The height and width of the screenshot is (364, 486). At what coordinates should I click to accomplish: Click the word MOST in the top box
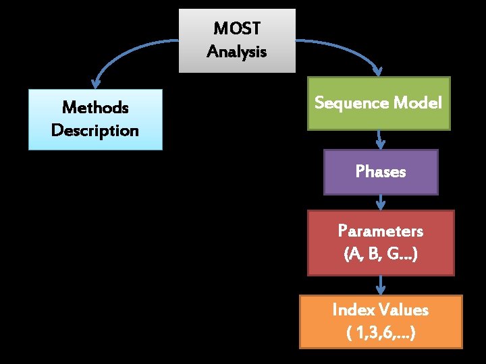point(237,28)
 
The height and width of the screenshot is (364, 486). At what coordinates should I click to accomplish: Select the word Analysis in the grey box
point(237,51)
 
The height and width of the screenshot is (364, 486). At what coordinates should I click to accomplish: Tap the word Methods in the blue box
point(95,107)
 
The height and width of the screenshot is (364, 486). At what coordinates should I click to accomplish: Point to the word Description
point(95,131)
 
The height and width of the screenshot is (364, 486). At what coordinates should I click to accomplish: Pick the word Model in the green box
point(418,102)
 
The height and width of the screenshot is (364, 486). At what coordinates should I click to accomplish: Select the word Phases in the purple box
point(381,171)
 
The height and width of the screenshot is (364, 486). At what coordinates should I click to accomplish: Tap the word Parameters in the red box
point(381,231)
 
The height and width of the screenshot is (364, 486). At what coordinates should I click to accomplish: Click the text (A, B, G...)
point(381,254)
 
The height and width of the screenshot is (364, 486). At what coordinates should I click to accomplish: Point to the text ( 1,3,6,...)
point(381,333)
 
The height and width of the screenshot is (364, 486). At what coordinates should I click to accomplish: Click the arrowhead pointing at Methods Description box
point(95,83)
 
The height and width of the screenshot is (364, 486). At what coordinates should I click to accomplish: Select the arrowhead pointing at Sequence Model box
point(378,71)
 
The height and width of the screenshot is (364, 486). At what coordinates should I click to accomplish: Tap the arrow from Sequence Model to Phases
point(380,140)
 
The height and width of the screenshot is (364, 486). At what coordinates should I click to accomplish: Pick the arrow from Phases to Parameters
point(381,202)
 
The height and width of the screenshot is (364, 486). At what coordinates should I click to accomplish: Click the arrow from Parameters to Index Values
point(381,285)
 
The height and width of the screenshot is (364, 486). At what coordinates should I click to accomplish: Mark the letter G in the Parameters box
point(393,253)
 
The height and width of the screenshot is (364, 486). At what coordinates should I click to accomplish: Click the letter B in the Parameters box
point(373,253)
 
